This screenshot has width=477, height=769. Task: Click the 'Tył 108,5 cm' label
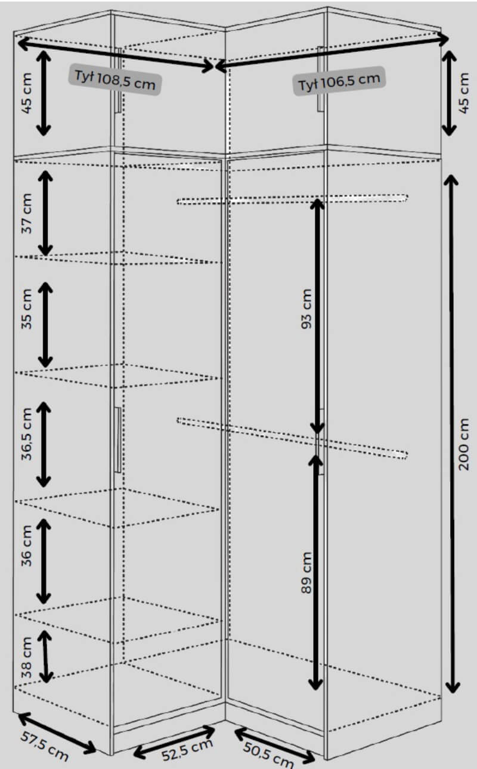115,80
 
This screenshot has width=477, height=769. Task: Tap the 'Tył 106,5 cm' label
339,81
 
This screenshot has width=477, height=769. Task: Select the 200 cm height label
464,444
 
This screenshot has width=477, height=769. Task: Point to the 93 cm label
306,309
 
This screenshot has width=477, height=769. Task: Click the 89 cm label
306,572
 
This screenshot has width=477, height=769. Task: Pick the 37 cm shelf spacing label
27,213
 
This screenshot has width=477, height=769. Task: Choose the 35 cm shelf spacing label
27,309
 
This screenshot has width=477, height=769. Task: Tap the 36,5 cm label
27,433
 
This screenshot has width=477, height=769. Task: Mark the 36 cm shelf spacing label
27,545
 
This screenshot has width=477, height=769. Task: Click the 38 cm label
27,658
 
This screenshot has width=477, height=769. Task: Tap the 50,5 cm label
268,754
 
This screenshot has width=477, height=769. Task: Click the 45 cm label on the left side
27,93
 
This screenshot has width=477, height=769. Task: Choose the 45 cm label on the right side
464,93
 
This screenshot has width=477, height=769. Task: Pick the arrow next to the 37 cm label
45,213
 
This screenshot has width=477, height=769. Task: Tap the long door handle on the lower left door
117,440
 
